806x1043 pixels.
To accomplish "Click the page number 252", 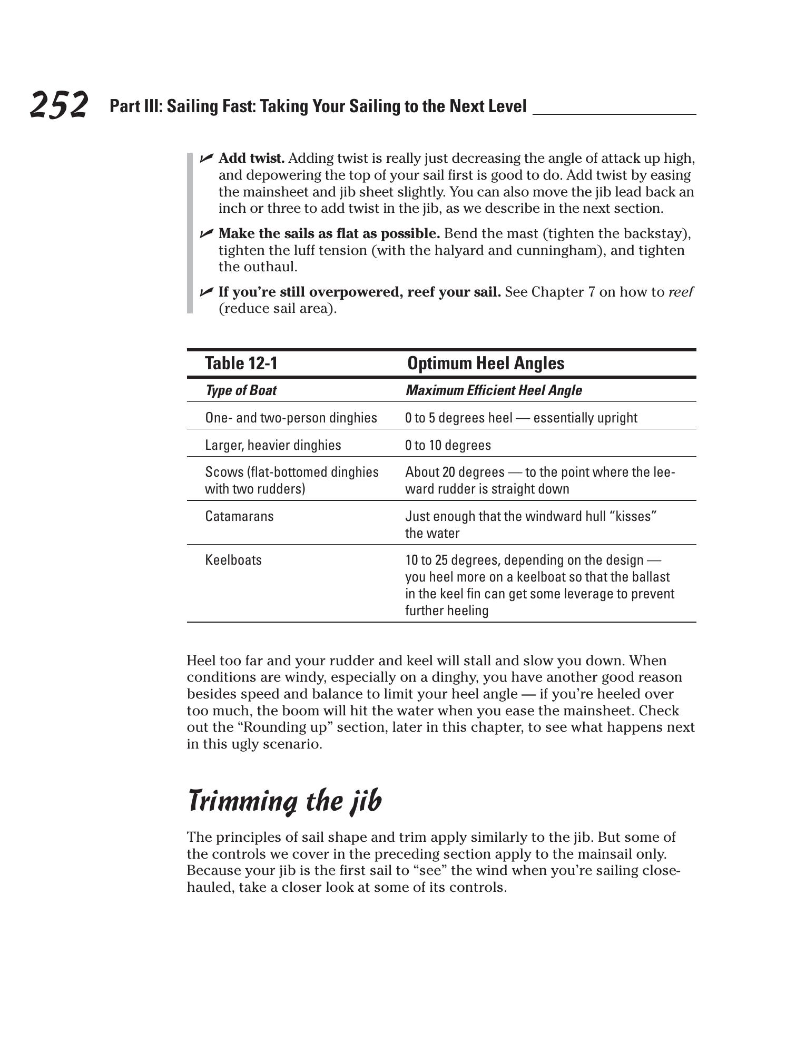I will click(58, 104).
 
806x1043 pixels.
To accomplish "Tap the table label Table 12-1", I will click(241, 363).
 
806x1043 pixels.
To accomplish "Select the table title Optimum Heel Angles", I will click(485, 363).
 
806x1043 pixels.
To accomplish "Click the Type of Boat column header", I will click(240, 390).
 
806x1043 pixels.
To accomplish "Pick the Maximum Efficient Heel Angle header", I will click(493, 390).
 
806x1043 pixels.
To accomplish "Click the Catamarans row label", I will click(239, 516).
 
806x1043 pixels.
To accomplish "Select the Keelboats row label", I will click(233, 560).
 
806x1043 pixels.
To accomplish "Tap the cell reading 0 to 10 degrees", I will click(448, 446).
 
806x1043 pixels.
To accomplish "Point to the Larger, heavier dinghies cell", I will click(273, 446).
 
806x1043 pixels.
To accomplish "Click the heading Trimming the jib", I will click(284, 801).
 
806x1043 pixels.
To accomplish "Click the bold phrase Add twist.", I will click(251, 158).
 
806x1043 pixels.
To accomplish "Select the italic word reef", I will click(681, 292).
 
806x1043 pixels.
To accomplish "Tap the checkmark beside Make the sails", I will click(206, 233).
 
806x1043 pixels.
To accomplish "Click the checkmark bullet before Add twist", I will click(206, 158).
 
